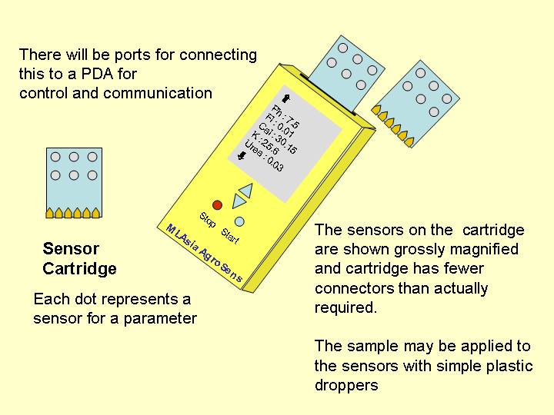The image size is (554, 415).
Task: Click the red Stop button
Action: (x=217, y=205)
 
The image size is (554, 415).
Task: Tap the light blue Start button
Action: (x=239, y=221)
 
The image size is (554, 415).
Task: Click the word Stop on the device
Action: (x=208, y=220)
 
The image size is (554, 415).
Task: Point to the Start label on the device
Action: (x=230, y=236)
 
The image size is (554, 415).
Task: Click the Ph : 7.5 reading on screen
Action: (x=286, y=116)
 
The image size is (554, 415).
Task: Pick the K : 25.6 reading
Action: (x=265, y=143)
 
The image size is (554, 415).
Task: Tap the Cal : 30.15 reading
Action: (x=277, y=138)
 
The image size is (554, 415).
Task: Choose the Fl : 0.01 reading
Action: (x=280, y=125)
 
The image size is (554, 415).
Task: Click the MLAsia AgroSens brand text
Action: (x=204, y=253)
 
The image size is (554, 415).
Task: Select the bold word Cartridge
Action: (x=79, y=269)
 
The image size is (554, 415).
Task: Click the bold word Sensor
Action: (x=71, y=249)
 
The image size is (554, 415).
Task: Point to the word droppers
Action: (x=346, y=385)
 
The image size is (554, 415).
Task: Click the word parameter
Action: (x=160, y=319)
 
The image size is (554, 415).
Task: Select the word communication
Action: (x=158, y=93)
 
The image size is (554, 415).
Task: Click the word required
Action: (x=345, y=307)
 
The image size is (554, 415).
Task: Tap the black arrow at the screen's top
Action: (x=285, y=98)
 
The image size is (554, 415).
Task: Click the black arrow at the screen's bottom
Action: (x=242, y=155)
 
